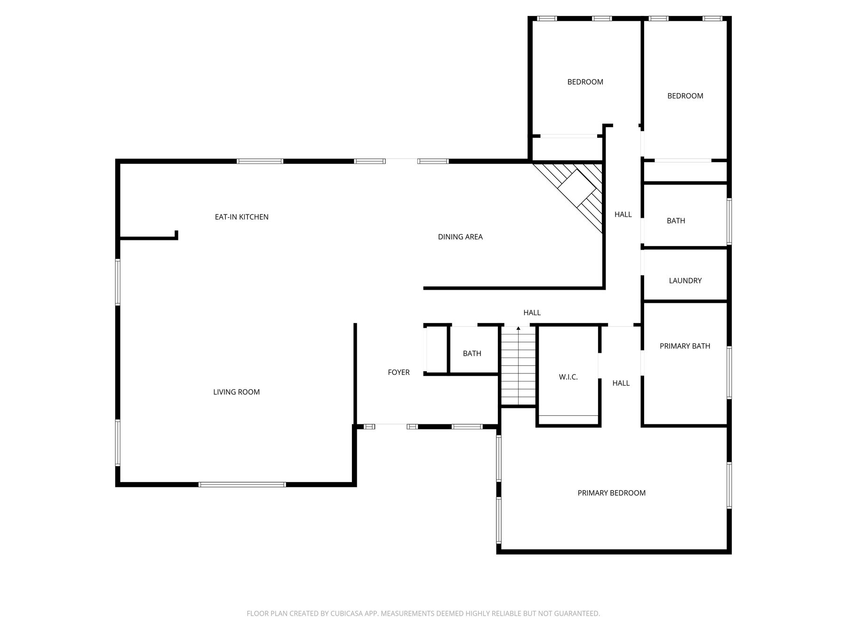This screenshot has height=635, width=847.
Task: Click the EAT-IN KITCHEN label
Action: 241,217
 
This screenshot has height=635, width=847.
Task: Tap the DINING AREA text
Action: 460,237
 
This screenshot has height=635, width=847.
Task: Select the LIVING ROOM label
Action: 236,392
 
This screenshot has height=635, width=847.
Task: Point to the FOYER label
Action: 399,372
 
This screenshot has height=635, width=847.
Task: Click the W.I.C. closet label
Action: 568,377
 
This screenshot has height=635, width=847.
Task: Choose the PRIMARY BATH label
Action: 685,346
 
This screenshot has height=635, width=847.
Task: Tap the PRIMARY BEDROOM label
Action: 611,492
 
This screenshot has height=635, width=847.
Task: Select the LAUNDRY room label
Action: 685,280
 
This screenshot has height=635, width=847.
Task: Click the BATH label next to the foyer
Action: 472,353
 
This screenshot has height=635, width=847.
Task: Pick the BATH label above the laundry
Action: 676,221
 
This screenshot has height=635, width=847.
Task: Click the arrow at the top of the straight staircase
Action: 518,328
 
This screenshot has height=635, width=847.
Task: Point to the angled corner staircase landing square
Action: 577,186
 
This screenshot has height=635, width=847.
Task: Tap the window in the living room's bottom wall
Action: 242,484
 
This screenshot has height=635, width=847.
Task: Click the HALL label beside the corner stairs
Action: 623,214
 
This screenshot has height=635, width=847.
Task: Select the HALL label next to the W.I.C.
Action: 621,383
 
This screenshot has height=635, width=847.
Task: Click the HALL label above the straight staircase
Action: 532,312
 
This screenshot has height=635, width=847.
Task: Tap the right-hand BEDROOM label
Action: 685,95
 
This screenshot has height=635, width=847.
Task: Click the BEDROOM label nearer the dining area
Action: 585,82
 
